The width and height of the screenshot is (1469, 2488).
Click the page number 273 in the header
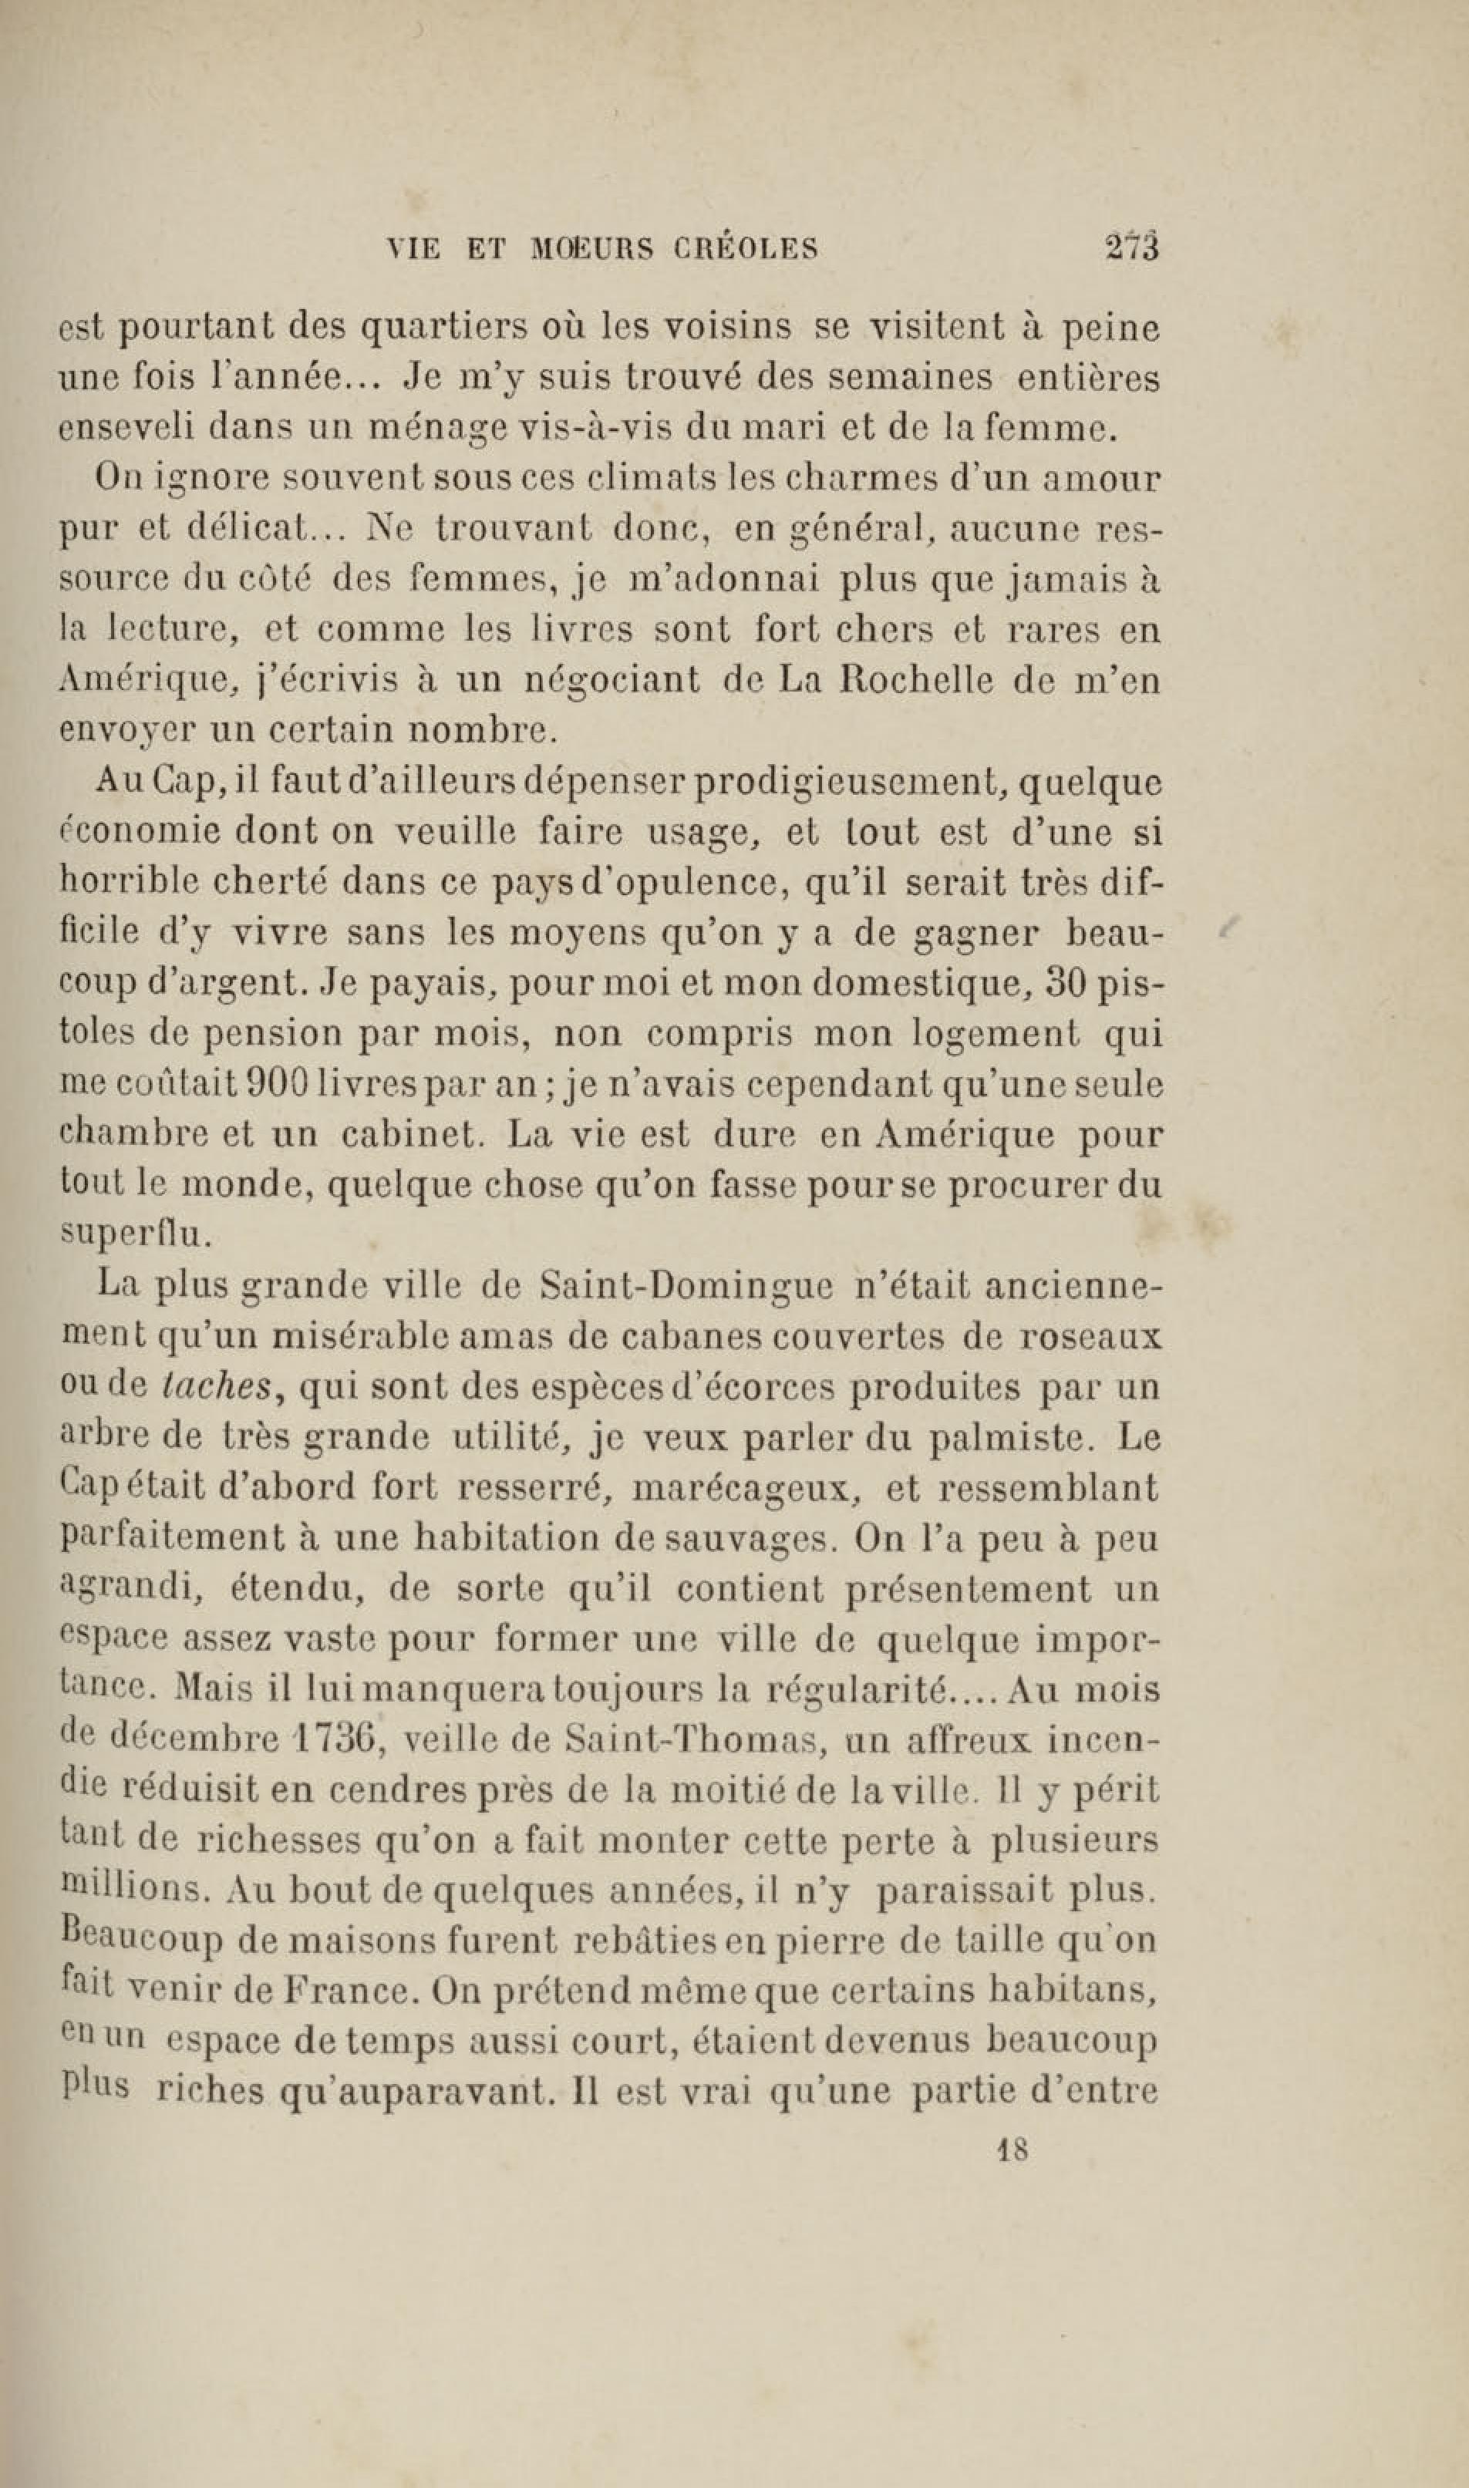coord(1131,247)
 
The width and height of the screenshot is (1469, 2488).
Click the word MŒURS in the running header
coord(593,248)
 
